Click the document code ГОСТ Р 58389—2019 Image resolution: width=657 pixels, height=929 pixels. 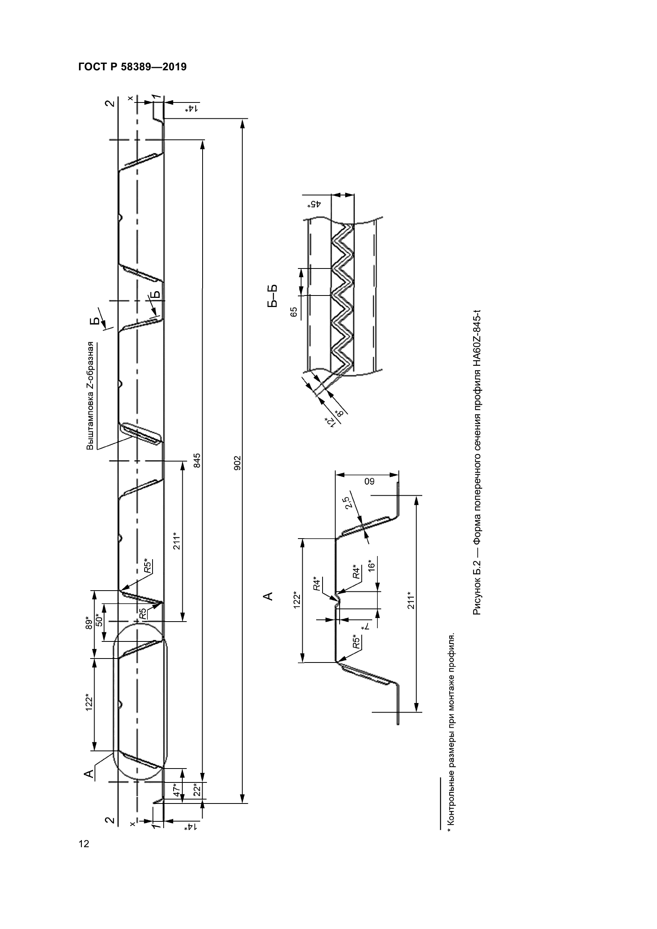click(x=132, y=67)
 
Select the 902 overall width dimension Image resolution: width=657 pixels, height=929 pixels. click(x=238, y=462)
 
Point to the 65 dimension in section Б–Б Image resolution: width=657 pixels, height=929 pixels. click(x=294, y=311)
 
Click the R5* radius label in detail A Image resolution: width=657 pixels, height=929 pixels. click(x=356, y=642)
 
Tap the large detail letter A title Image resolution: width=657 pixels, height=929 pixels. click(x=268, y=596)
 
